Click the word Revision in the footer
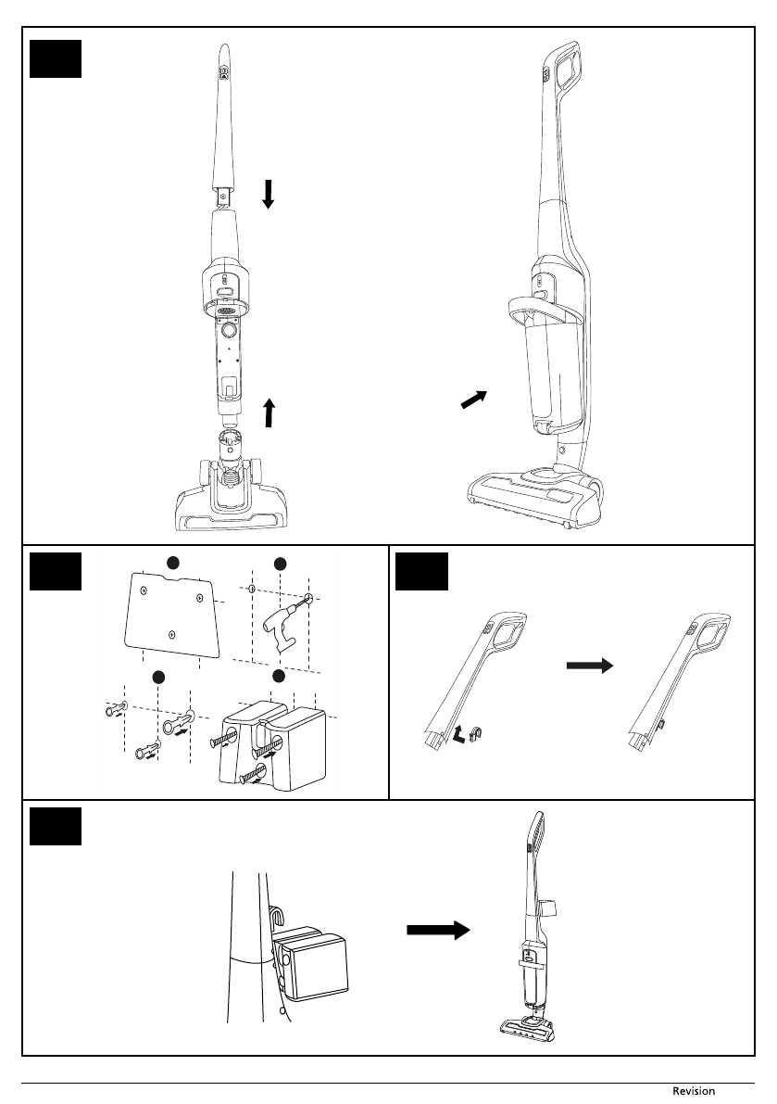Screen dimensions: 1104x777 pos(694,1091)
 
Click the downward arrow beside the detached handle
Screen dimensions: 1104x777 pos(268,194)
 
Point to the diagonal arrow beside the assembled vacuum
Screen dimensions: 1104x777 pos(472,400)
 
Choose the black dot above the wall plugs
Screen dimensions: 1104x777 pos(159,676)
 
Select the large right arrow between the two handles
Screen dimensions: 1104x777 pos(591,665)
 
